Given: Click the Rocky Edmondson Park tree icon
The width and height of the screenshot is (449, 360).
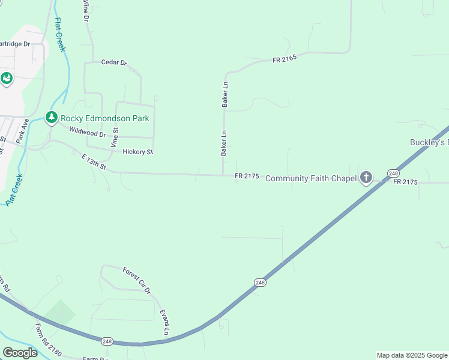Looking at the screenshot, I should (52, 118).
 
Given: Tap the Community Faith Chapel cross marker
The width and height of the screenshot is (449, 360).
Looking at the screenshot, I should (366, 178).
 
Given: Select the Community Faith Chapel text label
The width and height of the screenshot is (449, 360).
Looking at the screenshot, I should (311, 178).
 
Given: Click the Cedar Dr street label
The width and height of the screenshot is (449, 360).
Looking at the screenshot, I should (115, 62).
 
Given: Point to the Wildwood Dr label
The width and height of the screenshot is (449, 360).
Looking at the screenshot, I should (87, 132).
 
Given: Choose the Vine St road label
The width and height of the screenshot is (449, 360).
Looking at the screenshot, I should (115, 137).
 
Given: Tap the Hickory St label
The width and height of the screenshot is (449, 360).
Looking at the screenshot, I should (137, 152).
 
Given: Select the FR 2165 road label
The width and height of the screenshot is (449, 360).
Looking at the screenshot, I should (285, 60).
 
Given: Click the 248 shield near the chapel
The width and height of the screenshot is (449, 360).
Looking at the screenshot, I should (393, 173).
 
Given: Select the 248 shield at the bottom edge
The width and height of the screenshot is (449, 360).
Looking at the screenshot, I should (107, 341).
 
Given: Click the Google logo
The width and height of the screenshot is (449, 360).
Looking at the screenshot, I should (20, 353).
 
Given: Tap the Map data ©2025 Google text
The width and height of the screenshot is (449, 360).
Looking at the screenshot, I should (412, 355).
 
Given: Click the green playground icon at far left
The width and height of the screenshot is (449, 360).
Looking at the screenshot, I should (7, 79).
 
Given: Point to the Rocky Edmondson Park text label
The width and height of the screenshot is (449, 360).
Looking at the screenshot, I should (104, 118).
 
